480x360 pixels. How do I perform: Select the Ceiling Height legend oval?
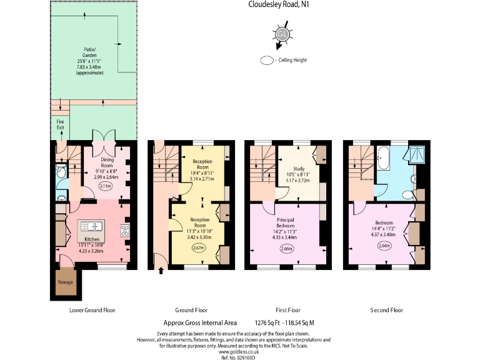pos(268,61)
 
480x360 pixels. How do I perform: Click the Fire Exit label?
pos(61,124)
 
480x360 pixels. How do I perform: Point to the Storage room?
pos(66,282)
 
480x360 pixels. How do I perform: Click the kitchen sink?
pos(92,226)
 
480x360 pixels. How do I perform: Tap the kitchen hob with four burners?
pos(124,229)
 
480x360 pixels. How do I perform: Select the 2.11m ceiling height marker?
pos(106,186)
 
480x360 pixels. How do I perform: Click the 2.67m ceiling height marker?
pos(199,247)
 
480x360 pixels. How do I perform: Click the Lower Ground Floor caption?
pos(91,310)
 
